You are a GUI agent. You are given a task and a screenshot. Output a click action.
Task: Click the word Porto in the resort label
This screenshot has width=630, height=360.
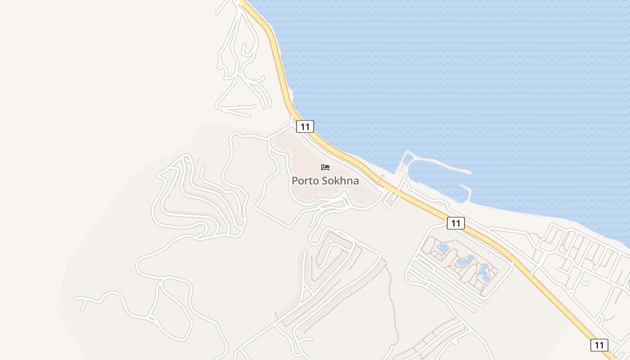(x=306, y=181)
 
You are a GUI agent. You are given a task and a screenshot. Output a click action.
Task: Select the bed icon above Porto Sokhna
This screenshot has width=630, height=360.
(x=325, y=167)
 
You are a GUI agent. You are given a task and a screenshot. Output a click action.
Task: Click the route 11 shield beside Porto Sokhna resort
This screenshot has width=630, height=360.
(x=305, y=126)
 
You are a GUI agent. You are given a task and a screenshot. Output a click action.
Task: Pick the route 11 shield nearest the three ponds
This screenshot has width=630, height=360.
(x=455, y=223)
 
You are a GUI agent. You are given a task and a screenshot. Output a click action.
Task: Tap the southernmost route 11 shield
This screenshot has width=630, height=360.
(x=599, y=345)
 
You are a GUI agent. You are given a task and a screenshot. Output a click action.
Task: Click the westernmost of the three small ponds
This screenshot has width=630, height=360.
(x=442, y=247)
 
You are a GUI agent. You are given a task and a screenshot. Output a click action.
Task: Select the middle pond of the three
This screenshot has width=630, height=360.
(x=463, y=261)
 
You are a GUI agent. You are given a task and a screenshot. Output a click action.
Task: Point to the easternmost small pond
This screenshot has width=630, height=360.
(x=484, y=272)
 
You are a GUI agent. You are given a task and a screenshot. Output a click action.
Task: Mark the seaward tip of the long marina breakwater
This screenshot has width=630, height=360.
(x=470, y=172)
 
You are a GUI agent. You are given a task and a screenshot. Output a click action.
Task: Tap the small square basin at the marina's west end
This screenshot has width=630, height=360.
(x=408, y=158)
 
